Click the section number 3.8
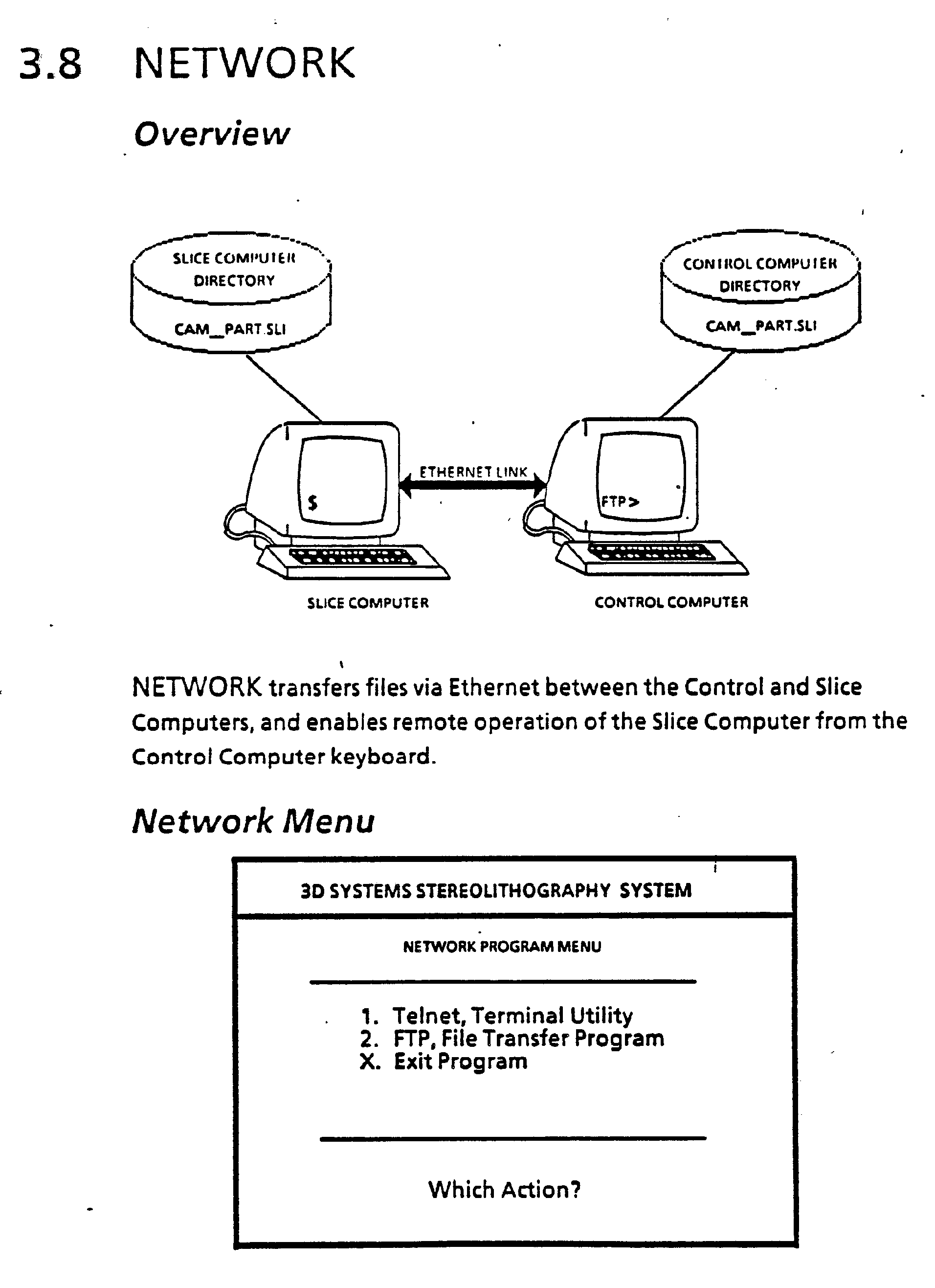(x=50, y=64)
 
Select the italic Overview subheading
(x=211, y=134)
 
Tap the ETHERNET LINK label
(x=473, y=472)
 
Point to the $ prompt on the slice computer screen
(x=312, y=502)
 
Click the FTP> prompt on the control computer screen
(x=620, y=502)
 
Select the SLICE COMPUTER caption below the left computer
(x=368, y=603)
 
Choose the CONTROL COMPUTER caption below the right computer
(x=671, y=602)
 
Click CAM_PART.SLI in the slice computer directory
(x=230, y=329)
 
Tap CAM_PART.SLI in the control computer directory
(x=761, y=326)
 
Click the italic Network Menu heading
(x=253, y=822)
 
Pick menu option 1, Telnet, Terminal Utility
(x=497, y=1016)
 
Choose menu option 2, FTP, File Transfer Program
(x=512, y=1039)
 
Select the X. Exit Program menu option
(x=444, y=1062)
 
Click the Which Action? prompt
(x=504, y=1190)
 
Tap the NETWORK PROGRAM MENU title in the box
(x=502, y=947)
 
